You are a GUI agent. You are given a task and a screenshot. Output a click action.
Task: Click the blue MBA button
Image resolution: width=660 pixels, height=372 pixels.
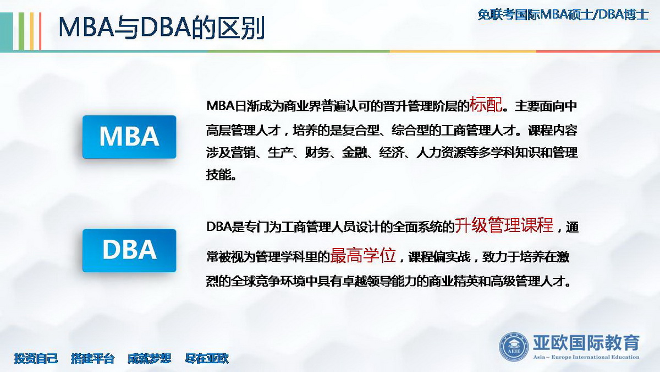(129, 137)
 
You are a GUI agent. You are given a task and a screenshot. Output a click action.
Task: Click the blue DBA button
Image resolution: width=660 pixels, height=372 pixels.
(129, 250)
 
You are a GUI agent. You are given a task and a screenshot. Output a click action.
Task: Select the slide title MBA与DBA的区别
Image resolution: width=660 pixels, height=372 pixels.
(162, 28)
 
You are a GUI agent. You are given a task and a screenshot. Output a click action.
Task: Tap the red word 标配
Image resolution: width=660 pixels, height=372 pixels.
(486, 105)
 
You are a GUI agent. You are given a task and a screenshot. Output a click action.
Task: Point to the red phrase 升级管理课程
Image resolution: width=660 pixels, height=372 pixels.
(504, 225)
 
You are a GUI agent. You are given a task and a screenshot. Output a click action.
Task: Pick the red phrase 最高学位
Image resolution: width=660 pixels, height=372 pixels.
(362, 255)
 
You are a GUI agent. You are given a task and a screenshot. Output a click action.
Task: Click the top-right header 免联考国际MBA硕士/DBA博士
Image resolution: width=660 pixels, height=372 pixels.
(563, 14)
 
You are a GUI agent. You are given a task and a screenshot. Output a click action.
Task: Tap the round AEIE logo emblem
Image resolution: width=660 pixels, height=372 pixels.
(514, 347)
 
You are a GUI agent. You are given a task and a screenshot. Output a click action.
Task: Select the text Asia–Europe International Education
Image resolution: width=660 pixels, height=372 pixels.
(586, 357)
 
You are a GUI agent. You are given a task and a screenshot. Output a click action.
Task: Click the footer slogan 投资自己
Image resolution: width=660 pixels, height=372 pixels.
(36, 358)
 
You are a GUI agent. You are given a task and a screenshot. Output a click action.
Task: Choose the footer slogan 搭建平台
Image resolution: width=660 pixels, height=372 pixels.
(93, 358)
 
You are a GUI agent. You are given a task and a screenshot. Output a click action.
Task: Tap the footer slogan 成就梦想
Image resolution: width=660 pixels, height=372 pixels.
(150, 358)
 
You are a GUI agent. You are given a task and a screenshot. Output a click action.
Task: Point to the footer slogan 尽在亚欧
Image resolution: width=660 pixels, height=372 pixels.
(207, 358)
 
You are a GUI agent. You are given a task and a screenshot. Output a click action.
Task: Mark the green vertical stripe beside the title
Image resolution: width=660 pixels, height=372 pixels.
(21, 31)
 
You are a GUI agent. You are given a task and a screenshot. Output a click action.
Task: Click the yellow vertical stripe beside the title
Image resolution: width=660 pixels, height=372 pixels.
(31, 31)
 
